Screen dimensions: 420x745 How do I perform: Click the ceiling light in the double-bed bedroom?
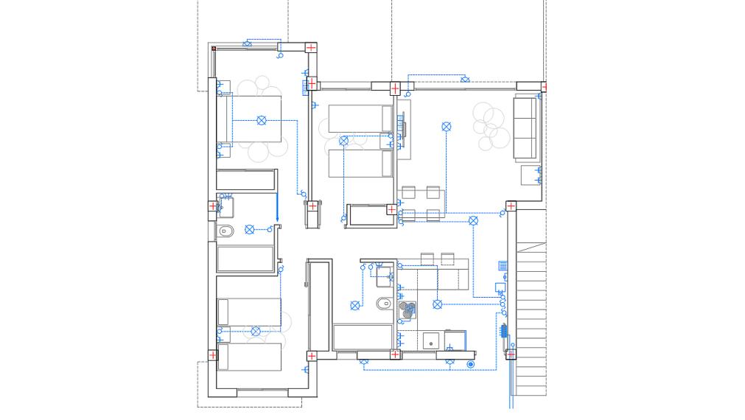click(x=261, y=120)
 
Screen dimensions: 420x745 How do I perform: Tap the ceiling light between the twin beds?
click(x=343, y=140)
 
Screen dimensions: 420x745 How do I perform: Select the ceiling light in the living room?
click(x=446, y=127)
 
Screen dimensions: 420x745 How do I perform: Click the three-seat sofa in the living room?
click(x=525, y=127)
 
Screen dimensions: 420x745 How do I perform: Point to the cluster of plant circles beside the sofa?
click(x=491, y=126)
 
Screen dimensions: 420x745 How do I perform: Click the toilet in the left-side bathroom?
click(x=227, y=232)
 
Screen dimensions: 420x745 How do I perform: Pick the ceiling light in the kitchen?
click(x=437, y=304)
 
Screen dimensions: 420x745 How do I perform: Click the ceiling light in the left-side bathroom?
click(x=249, y=230)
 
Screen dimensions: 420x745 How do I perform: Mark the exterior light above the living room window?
click(x=464, y=79)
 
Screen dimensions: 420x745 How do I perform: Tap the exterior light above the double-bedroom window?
click(x=248, y=44)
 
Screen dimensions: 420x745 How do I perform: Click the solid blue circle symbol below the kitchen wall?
click(x=470, y=364)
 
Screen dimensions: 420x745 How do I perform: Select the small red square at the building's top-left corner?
click(x=214, y=49)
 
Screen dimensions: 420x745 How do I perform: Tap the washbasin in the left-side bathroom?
click(x=225, y=207)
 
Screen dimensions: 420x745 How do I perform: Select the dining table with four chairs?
click(x=422, y=204)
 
